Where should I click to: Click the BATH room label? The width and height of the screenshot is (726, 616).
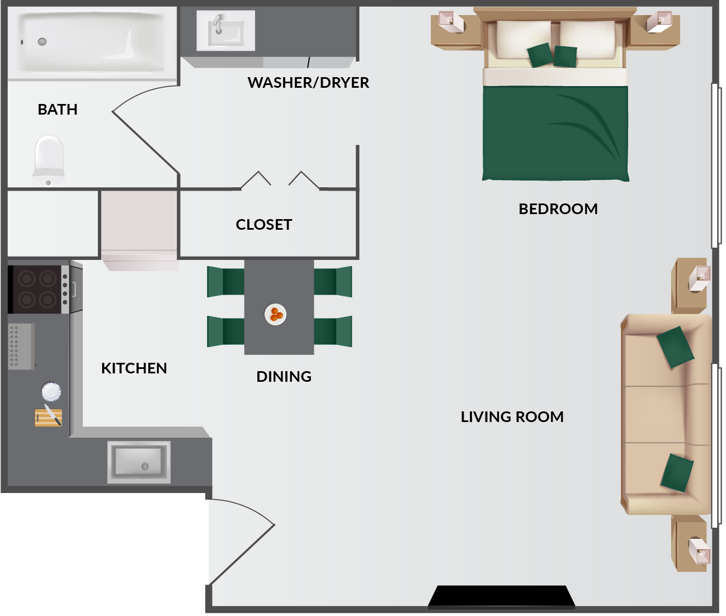click(58, 110)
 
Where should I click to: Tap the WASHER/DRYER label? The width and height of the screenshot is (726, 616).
click(308, 83)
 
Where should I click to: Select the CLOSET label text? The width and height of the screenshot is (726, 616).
click(264, 225)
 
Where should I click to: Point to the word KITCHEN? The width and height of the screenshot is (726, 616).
click(134, 368)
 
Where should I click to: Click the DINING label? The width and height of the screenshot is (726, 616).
click(284, 377)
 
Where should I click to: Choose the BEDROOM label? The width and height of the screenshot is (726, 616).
click(558, 209)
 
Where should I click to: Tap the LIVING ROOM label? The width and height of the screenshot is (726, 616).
click(512, 417)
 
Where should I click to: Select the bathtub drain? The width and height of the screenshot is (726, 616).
click(42, 41)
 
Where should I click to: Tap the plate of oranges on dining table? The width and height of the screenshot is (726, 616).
click(275, 315)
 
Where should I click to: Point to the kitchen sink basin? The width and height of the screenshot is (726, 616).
click(139, 462)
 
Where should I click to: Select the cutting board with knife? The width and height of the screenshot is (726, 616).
click(49, 417)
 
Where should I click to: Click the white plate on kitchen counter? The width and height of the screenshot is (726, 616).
click(51, 391)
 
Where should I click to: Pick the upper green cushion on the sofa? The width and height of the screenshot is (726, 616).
click(675, 347)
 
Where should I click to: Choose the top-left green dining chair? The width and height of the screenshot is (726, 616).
click(225, 281)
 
